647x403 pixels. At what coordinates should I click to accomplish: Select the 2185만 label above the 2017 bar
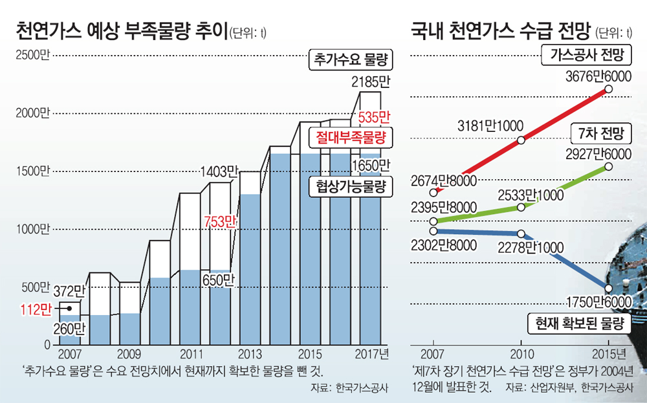(370, 82)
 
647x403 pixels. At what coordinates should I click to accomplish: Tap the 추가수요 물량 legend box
(351, 61)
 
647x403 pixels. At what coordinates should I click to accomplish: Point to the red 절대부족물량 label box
(351, 137)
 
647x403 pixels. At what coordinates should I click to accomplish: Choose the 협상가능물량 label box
(351, 187)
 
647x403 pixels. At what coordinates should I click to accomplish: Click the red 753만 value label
(220, 221)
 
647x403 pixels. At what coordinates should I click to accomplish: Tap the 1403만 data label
(220, 171)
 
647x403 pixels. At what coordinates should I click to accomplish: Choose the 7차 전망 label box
(602, 134)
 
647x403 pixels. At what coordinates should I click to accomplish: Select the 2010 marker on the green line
(521, 207)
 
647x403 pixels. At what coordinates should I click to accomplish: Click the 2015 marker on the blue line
(609, 289)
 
